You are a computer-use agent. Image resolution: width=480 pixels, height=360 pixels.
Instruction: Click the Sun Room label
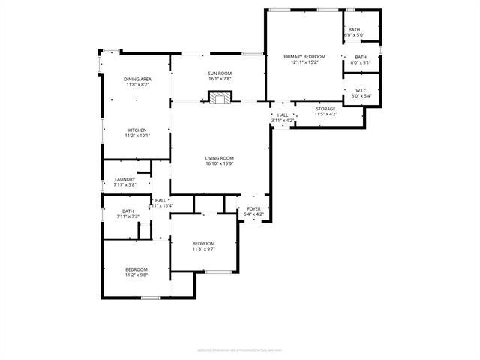220,73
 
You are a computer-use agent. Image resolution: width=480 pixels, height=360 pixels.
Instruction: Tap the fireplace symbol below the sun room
220,97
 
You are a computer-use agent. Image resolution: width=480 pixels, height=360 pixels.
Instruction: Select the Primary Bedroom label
304,57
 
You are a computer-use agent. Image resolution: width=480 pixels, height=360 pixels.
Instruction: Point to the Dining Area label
137,79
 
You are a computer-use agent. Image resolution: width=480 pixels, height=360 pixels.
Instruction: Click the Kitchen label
137,130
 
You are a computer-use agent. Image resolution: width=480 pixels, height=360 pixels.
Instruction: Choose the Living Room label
220,158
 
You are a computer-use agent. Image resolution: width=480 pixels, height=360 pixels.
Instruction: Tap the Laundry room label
124,179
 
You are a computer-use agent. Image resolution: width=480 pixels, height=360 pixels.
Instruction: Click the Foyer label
253,209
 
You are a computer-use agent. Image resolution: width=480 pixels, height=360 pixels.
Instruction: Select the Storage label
325,109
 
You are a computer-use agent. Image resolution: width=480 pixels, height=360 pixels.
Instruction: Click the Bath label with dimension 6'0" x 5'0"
354,30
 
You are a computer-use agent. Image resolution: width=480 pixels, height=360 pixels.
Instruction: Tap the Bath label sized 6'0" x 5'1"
361,58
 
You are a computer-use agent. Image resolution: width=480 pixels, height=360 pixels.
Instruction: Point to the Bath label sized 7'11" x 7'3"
127,211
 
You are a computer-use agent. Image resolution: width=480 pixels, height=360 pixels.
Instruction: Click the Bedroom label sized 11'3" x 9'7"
203,244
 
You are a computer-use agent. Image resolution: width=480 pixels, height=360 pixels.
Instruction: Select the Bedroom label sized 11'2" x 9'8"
136,269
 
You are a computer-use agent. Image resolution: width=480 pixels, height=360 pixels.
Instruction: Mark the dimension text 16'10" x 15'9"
220,164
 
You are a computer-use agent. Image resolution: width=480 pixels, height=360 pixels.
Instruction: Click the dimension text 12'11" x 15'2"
304,62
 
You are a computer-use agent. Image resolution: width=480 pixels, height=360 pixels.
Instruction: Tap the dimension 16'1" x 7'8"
220,78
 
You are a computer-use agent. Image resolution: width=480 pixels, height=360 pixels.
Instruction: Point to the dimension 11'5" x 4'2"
325,114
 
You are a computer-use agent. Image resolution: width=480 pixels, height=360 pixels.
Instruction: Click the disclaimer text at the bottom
239,349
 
